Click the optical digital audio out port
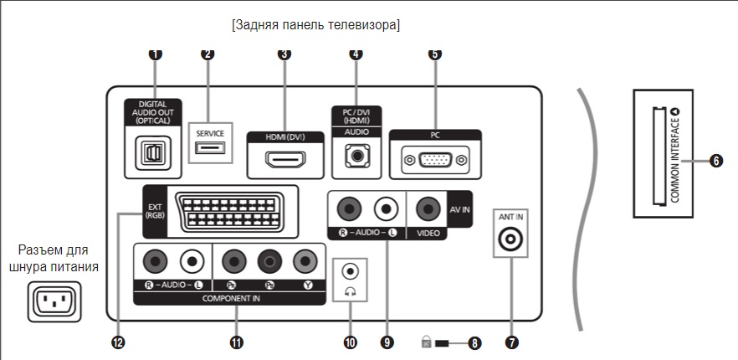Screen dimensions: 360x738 (151, 155)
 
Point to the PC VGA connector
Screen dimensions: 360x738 (434, 158)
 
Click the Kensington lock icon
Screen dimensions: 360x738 (427, 342)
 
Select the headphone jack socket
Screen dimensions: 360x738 (351, 271)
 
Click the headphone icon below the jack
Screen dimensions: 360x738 (351, 291)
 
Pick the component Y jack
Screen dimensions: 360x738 (305, 262)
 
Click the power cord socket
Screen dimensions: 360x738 (55, 300)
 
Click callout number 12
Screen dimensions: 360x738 (119, 342)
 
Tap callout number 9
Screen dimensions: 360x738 (386, 342)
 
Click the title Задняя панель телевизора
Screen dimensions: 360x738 (316, 25)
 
